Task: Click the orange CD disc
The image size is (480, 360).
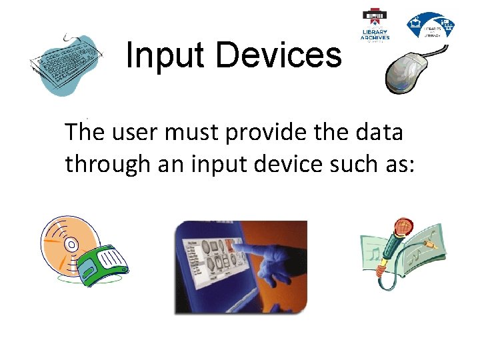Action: point(67,243)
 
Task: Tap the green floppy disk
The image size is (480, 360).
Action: point(102,264)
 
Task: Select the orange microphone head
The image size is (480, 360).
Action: point(403,229)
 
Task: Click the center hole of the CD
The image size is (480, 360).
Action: point(71,245)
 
